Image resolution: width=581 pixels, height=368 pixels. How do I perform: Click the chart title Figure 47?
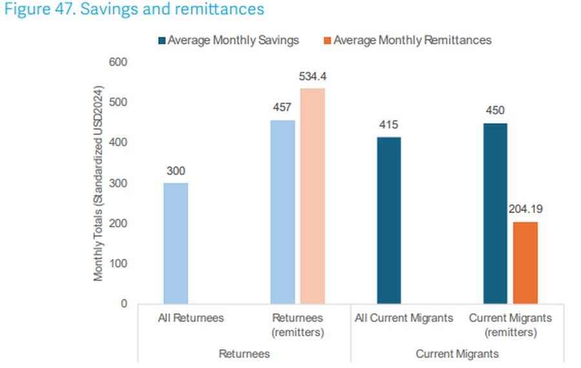134,10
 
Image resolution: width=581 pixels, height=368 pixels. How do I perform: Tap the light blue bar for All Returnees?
176,243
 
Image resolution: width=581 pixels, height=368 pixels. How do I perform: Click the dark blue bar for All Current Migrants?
389,220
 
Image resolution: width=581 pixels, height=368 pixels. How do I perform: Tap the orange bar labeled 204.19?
525,263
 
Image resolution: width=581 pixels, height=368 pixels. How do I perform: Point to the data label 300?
176,171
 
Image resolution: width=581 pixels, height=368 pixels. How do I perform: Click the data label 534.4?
312,77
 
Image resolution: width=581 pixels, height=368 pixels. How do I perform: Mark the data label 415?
389,125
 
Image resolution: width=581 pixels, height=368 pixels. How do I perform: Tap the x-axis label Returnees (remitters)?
298,325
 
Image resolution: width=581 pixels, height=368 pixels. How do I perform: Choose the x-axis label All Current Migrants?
404,318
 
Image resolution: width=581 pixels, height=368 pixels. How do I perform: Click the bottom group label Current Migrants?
457,354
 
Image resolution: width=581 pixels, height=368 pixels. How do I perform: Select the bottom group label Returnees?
244,354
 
